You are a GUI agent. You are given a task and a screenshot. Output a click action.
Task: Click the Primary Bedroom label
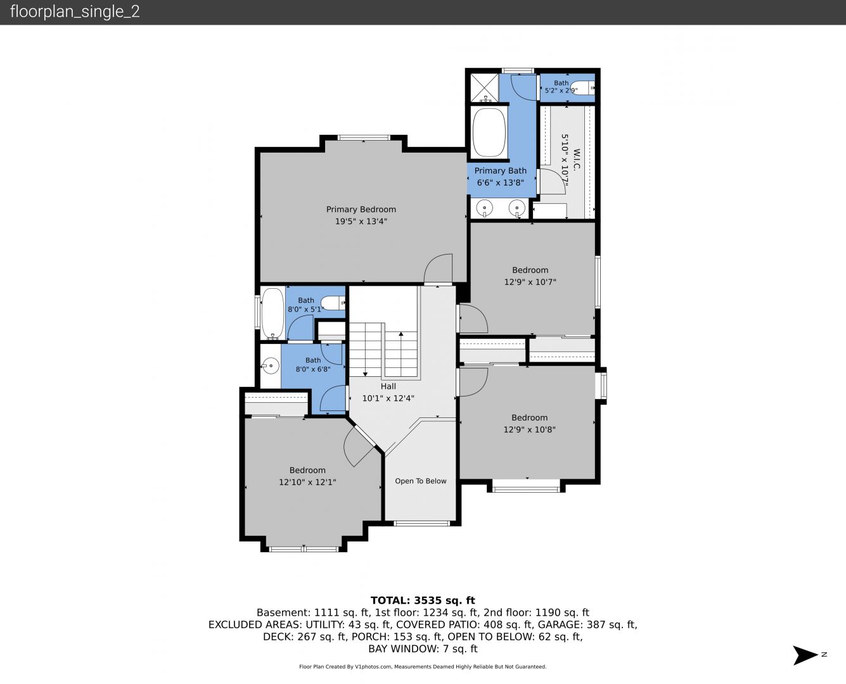click(361, 209)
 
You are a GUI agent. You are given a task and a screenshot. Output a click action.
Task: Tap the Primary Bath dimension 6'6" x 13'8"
click(501, 182)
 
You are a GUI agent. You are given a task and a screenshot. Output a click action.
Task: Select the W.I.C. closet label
click(577, 159)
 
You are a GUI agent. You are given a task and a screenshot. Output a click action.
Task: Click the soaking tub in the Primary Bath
click(489, 133)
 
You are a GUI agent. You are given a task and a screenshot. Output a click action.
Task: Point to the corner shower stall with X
click(484, 88)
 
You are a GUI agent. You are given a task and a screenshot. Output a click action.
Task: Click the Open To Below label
click(421, 481)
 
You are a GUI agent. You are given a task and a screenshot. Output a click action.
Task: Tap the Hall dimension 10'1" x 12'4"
click(388, 398)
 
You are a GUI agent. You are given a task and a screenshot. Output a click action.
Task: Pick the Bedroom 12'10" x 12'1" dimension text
click(307, 482)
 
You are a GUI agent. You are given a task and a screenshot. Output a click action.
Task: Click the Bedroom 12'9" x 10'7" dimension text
click(530, 282)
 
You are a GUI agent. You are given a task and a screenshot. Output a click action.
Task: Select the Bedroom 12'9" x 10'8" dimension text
click(529, 429)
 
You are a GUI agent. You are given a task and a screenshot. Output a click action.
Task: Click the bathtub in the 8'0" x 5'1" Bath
click(272, 313)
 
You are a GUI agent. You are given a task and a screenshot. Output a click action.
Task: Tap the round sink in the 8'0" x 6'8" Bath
click(271, 365)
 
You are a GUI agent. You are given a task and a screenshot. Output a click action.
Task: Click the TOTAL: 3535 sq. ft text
click(423, 600)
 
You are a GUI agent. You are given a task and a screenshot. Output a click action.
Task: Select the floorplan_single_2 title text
click(75, 12)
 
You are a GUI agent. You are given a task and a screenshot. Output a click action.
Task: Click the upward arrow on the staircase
click(401, 353)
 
